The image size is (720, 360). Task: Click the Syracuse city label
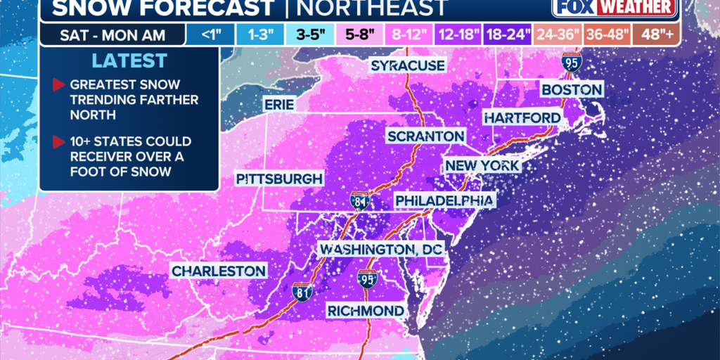pos(408,65)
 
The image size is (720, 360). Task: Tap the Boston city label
pos(571,89)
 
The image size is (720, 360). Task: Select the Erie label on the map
pos(278,104)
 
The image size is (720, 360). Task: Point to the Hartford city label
pos(522,117)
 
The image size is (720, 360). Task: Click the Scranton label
pos(425,136)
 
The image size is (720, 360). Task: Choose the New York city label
pos(482,166)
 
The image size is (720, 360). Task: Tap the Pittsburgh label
pos(279,178)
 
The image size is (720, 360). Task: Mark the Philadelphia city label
pos(444,201)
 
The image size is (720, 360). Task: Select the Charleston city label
pos(219,271)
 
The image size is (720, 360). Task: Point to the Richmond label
pos(366,310)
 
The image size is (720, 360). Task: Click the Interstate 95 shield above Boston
pos(571,64)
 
